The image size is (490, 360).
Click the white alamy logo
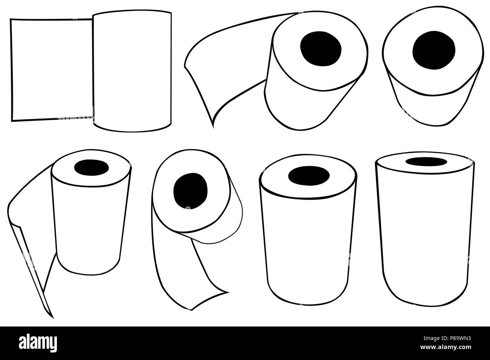coord(38,343)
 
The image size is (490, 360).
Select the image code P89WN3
coord(459,339)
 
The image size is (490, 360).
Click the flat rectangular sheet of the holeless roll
coord(52,70)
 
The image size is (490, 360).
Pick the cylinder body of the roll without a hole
coord(132,71)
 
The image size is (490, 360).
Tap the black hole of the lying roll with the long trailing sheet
coord(320,49)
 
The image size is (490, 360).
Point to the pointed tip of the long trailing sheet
coord(213,127)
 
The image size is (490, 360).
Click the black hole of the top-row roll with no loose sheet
coord(434,50)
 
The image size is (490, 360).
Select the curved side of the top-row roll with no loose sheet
coord(434,109)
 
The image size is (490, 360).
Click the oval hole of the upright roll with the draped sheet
coord(92,168)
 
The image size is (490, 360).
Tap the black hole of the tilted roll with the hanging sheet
coord(190,191)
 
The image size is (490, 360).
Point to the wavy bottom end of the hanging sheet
coord(210,301)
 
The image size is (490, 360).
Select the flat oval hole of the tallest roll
coord(426,162)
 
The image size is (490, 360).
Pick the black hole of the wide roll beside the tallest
coord(309,176)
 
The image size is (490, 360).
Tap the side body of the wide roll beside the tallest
coord(308,252)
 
